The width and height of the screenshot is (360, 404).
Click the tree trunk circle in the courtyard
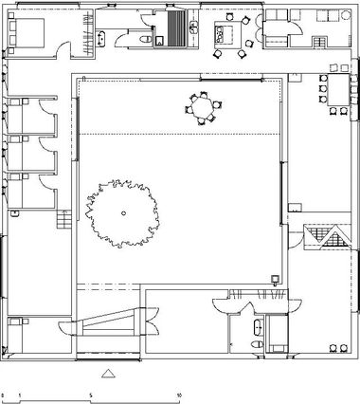pos(124,213)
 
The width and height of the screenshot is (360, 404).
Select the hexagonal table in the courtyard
pos(203,107)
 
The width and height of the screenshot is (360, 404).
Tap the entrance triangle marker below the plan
pos(108,374)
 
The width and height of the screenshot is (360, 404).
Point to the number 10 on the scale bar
pos(179,395)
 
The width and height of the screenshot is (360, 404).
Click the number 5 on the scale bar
pos(91,395)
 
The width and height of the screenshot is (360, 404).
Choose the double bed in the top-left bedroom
pos(26,33)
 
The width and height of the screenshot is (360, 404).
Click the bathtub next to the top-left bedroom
pos(101,39)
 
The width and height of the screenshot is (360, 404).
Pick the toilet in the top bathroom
pos(145,39)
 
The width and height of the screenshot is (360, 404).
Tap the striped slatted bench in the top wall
pos(175,28)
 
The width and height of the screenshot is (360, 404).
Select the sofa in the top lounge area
pos(224,33)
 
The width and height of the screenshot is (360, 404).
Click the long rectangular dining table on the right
pos(338,90)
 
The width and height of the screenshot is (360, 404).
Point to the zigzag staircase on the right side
pos(328,237)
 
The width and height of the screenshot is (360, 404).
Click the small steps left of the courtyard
pos(63,219)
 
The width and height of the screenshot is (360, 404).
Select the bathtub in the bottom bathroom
pos(259,327)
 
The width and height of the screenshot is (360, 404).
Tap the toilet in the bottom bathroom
pos(257,344)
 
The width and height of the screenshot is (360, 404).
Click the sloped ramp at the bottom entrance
pos(108,321)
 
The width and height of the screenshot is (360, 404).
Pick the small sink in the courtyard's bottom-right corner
pos(275,280)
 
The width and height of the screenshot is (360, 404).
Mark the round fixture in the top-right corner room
pos(345,15)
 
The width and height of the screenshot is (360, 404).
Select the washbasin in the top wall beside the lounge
pos(193,28)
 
